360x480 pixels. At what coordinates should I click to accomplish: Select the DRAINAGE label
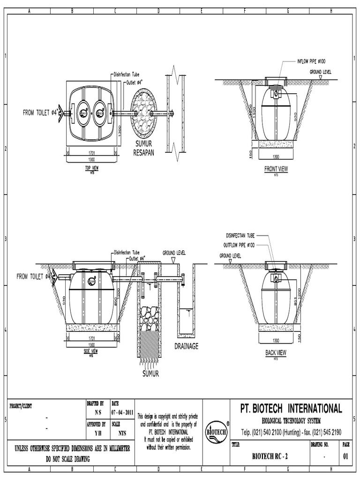[x=187, y=346]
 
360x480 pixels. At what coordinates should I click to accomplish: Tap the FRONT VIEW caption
[x=276, y=169]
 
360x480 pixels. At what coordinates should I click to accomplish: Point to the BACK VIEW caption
[x=276, y=352]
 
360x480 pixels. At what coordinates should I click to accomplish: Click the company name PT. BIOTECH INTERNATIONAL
[x=291, y=408]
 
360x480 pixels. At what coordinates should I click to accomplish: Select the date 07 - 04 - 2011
[x=122, y=412]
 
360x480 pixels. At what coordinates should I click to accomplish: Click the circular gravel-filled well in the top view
[x=145, y=113]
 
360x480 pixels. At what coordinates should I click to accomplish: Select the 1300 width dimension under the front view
[x=276, y=157]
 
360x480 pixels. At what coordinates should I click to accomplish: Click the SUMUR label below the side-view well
[x=151, y=374]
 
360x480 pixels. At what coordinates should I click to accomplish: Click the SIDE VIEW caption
[x=90, y=351]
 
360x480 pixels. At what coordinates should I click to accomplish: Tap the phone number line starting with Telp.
[x=291, y=432]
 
